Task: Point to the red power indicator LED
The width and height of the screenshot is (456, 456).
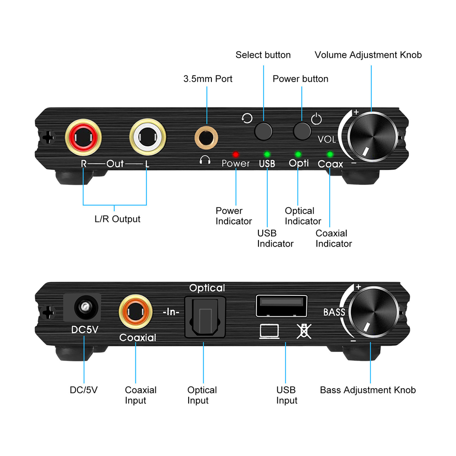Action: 235,154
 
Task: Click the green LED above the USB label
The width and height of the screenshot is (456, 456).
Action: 267,154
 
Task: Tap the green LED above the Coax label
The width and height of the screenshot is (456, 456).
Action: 330,154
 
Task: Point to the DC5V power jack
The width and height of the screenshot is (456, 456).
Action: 84,309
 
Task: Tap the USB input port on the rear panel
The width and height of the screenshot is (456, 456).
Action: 281,306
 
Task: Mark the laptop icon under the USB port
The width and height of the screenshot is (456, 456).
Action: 269,331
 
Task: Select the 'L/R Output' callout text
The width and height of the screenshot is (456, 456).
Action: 117,219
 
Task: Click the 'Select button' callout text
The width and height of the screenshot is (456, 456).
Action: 263,55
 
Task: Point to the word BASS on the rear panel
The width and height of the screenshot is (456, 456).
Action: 334,312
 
